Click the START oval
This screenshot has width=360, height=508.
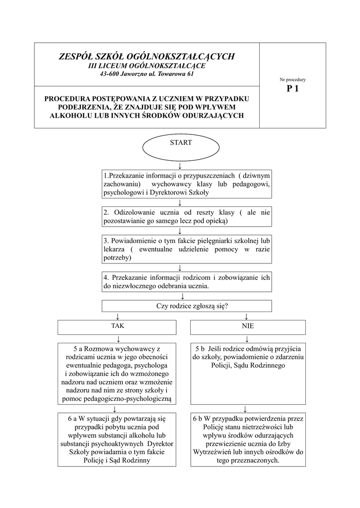181,147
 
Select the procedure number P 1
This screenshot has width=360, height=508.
292,89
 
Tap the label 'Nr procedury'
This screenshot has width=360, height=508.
292,79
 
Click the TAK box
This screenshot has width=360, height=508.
117,327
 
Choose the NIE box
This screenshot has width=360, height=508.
247,327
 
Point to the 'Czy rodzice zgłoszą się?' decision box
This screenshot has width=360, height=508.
187,306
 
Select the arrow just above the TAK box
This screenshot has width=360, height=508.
118,316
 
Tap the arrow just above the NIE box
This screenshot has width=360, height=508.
246,316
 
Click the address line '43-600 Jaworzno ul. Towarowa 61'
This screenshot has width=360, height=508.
146,74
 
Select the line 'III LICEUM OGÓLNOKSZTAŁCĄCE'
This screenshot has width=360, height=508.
146,65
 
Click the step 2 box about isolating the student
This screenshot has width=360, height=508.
187,216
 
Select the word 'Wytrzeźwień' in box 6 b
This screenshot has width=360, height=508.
214,452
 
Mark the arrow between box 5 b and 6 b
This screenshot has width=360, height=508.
246,409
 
